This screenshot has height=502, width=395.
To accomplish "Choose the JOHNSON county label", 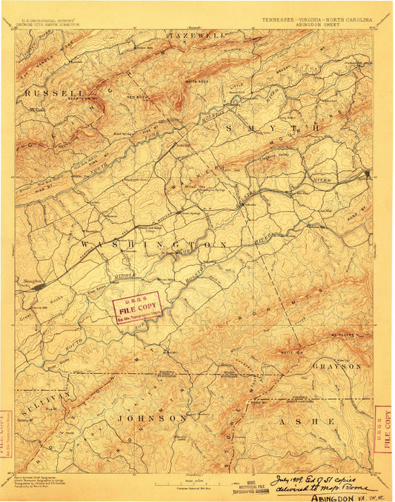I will coord(151,418).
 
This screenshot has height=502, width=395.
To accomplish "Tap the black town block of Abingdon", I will coord(36,284).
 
